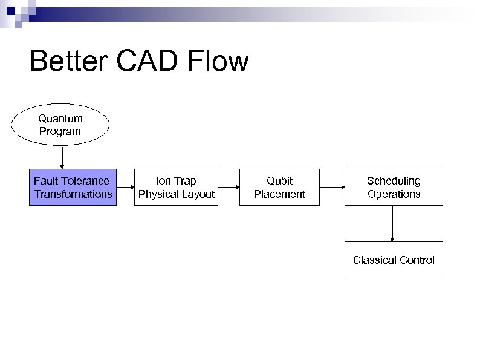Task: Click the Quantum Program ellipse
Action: tap(60, 125)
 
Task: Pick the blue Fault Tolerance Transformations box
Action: tap(73, 187)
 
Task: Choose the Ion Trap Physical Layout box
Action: tap(177, 187)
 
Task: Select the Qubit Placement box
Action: tap(279, 187)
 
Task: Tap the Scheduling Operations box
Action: tap(394, 187)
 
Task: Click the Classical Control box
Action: tap(394, 260)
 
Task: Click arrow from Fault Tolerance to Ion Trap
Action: tap(125, 187)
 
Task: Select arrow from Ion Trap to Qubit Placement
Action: tap(229, 187)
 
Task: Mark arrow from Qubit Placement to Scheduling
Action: tap(332, 187)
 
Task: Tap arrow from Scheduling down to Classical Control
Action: tap(393, 223)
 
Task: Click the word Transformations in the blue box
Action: tap(73, 194)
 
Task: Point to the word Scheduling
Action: tap(394, 180)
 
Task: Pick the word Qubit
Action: tap(279, 180)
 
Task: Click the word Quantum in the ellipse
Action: tap(60, 119)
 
